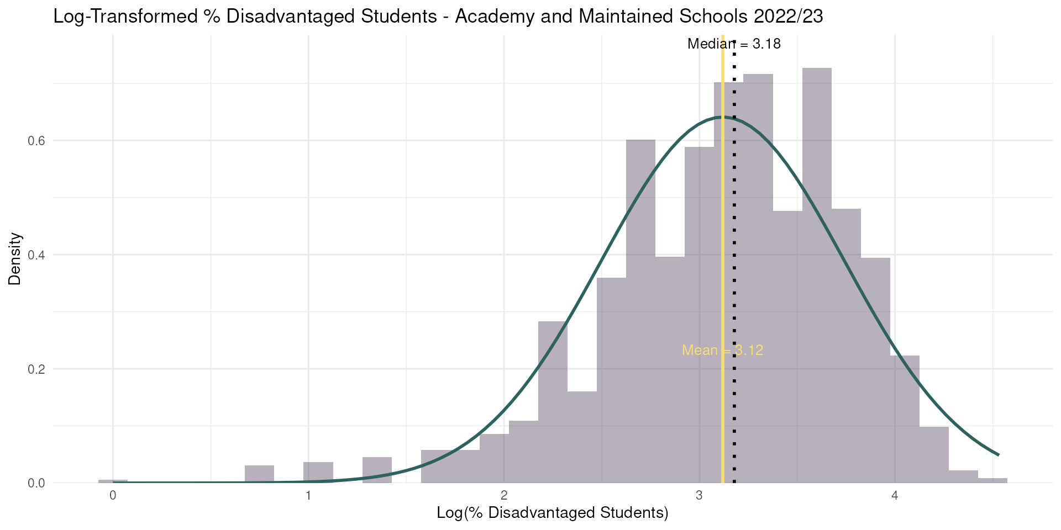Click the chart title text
coord(438,17)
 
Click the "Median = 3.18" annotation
coord(734,44)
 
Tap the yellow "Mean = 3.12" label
coord(722,350)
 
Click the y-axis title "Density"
coord(15,258)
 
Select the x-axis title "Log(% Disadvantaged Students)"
coord(553,513)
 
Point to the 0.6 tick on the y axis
coord(36,141)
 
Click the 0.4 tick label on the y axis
coord(36,255)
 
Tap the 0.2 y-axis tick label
coord(36,369)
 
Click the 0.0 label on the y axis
coord(36,483)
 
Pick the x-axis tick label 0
coord(113,495)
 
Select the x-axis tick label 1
coord(308,495)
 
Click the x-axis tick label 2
coord(504,495)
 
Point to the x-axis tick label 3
coord(700,495)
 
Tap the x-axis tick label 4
coord(895,495)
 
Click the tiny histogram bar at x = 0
coord(113,481)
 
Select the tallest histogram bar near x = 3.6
coord(817,275)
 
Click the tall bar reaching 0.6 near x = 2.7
coord(640,311)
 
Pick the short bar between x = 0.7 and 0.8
coord(259,474)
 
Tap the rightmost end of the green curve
coord(999,455)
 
